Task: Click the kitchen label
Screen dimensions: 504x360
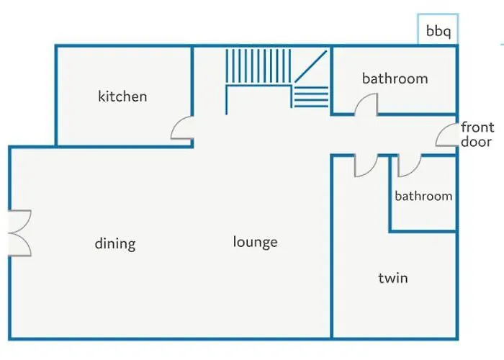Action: click(x=122, y=96)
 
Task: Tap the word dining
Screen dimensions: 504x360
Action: click(x=115, y=244)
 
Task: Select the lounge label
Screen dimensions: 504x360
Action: click(x=255, y=242)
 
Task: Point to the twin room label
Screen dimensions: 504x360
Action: click(x=393, y=278)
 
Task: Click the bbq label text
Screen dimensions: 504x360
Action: click(x=438, y=31)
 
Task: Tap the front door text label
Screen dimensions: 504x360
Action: click(x=477, y=135)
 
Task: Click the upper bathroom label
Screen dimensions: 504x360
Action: click(x=395, y=78)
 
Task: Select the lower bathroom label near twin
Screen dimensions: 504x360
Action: click(x=423, y=196)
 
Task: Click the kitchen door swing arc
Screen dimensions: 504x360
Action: click(x=182, y=127)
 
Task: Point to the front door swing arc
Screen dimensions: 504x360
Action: click(x=446, y=135)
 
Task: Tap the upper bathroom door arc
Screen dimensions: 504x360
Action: click(x=366, y=104)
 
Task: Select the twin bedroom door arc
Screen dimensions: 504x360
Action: click(x=366, y=166)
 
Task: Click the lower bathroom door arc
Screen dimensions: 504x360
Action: click(x=410, y=166)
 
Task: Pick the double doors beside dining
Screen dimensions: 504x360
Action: click(x=20, y=233)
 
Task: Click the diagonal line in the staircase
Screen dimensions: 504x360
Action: click(x=311, y=66)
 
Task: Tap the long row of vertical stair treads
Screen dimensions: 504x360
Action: click(x=258, y=66)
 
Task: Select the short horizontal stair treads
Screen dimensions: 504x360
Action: click(x=312, y=96)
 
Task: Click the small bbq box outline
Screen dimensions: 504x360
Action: click(x=438, y=29)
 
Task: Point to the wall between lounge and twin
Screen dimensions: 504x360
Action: click(x=332, y=247)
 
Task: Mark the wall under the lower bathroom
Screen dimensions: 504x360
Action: click(x=423, y=231)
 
